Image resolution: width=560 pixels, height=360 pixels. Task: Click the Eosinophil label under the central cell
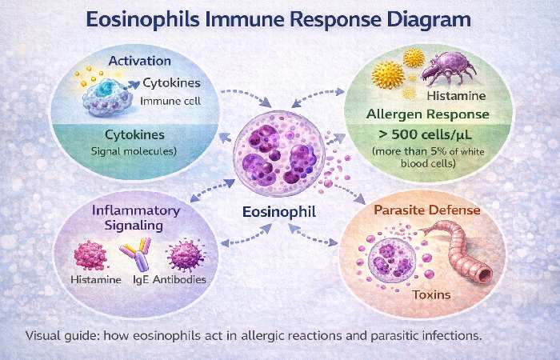coord(280,213)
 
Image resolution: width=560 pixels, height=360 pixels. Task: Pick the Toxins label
coord(431,295)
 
